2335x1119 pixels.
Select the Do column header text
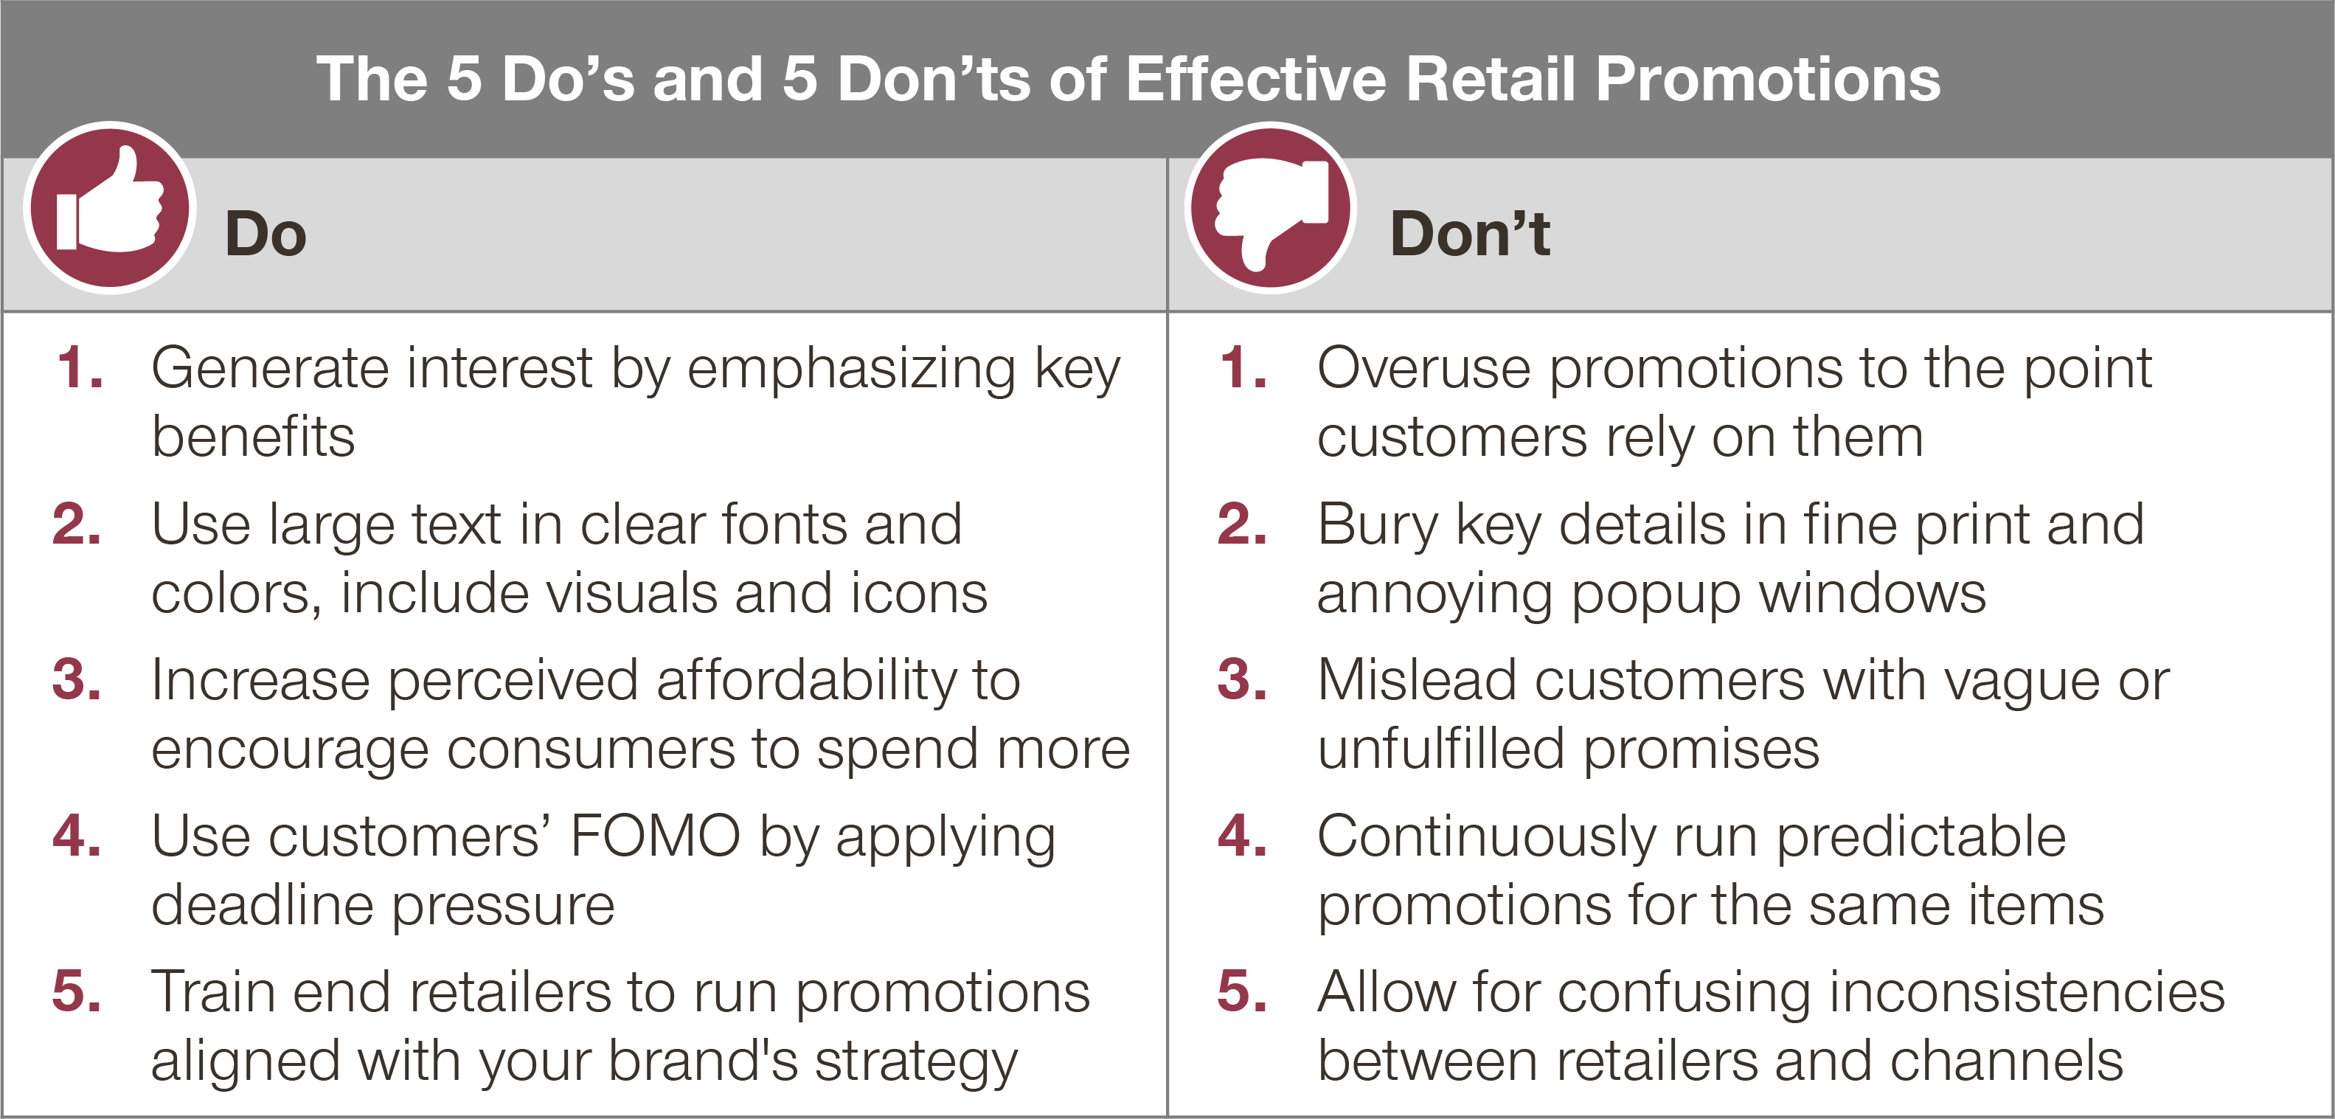[x=266, y=234]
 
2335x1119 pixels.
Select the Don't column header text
[x=1469, y=234]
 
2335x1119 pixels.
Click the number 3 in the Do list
[x=76, y=679]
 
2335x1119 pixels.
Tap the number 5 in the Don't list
[x=1242, y=991]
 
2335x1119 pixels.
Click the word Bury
[x=1377, y=526]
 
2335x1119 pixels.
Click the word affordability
[x=806, y=681]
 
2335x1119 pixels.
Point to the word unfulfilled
[x=1441, y=749]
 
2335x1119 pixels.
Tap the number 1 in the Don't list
[x=1243, y=368]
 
